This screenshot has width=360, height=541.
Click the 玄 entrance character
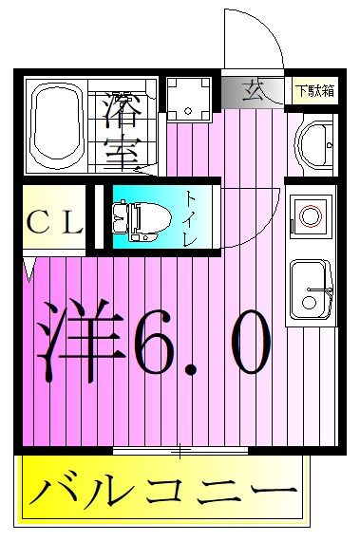253,91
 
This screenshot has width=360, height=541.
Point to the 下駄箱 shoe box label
314,91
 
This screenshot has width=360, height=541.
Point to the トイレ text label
191,217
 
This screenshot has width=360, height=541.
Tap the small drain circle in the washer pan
188,111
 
